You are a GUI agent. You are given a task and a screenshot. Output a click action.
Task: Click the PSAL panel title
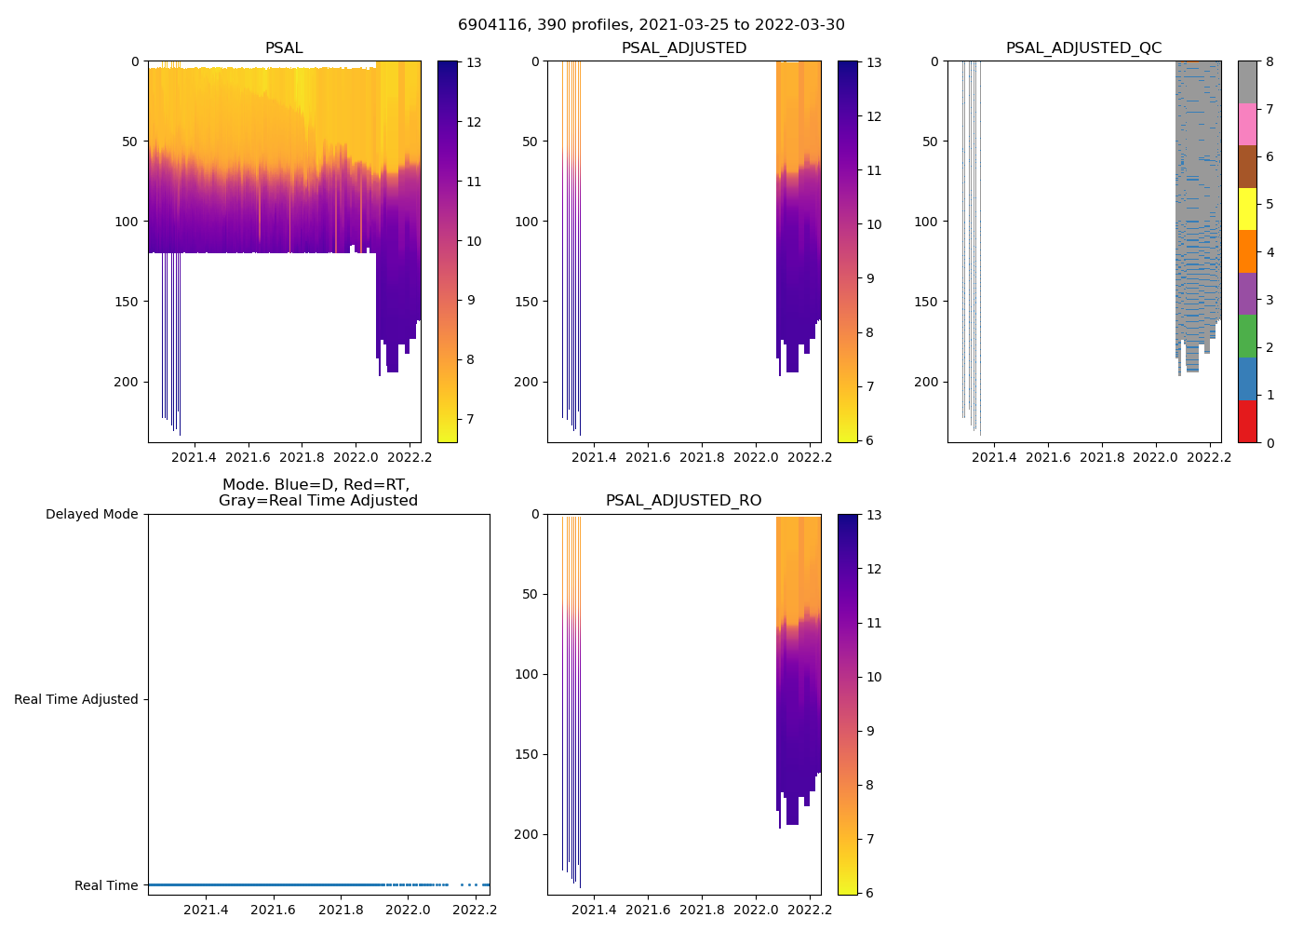[284, 48]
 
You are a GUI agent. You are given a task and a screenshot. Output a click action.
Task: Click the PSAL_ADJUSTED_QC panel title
[1083, 48]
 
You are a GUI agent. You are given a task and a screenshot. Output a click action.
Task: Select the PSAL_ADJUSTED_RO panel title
[683, 501]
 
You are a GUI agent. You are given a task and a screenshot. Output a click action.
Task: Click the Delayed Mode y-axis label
[91, 515]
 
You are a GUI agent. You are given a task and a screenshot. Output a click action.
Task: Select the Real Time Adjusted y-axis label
[75, 700]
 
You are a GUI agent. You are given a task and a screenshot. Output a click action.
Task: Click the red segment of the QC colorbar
[1247, 422]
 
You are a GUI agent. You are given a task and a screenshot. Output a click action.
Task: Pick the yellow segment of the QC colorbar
[1247, 209]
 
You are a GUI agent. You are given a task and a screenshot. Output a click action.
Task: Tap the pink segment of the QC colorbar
[1247, 125]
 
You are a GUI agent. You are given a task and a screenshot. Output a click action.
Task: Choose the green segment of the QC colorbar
[1247, 336]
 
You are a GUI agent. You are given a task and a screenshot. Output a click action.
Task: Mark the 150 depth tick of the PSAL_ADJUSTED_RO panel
[527, 754]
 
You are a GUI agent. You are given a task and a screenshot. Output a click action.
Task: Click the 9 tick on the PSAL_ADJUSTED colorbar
[874, 278]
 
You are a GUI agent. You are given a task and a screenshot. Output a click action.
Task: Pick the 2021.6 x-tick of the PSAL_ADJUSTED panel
[648, 457]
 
